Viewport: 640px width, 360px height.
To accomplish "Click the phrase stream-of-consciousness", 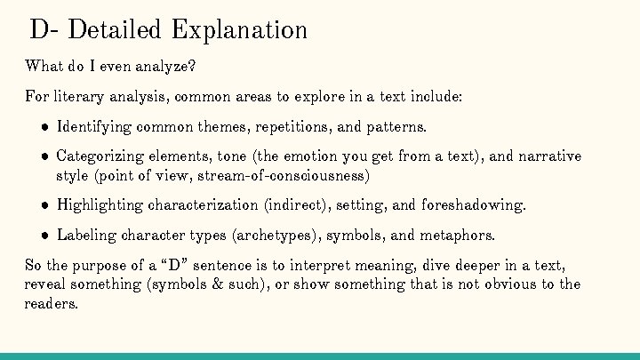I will pos(291,175).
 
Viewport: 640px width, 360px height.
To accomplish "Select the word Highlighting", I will pos(100,205).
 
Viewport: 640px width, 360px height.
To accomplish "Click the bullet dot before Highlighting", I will pos(43,205).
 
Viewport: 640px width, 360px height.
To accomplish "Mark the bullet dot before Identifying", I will pos(43,126).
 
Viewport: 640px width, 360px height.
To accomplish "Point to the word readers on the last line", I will pos(51,303).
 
